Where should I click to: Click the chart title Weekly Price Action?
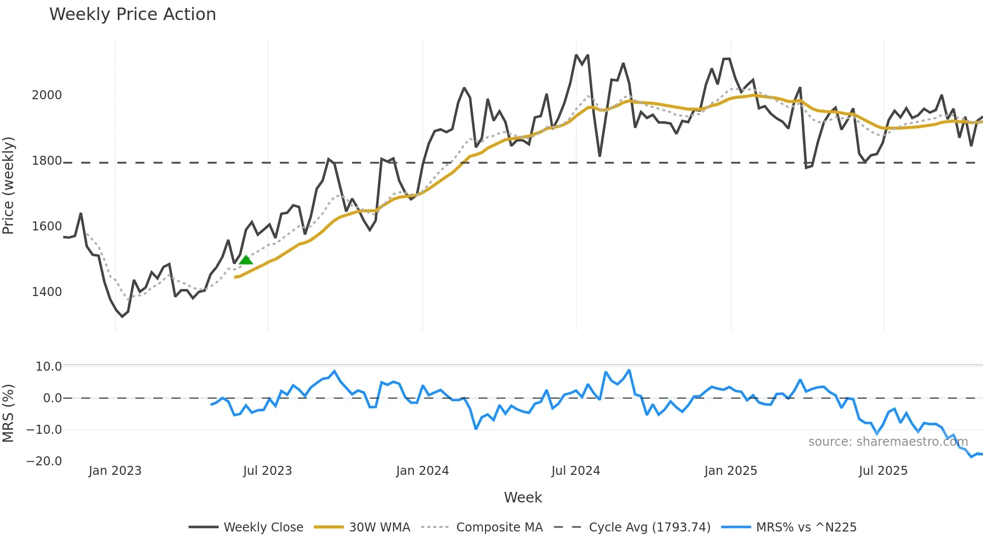[x=132, y=15]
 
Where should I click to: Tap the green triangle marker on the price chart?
[x=246, y=260]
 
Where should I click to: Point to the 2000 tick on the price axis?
[x=47, y=95]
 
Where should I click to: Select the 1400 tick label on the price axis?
[x=47, y=292]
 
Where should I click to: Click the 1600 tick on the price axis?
[x=47, y=226]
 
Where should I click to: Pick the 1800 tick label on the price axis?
[x=47, y=161]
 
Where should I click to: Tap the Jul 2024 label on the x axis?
[x=575, y=471]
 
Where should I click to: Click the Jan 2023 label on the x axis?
[x=115, y=471]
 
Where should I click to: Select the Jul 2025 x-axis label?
[x=883, y=471]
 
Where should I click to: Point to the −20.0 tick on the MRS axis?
[x=44, y=461]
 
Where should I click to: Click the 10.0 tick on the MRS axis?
[x=48, y=367]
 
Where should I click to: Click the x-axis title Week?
[x=523, y=497]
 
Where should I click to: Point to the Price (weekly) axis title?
[x=9, y=185]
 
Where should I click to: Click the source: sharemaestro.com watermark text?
[x=888, y=442]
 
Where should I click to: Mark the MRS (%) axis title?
[x=9, y=413]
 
